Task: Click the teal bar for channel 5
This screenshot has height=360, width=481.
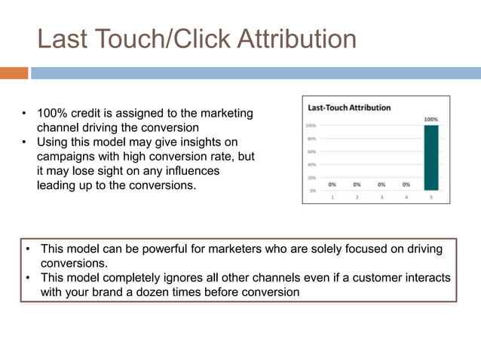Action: tap(430, 157)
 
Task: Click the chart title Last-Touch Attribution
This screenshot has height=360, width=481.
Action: tap(349, 108)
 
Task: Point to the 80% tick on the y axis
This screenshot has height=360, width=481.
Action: tap(311, 139)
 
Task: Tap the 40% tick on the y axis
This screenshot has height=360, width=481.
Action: tap(311, 164)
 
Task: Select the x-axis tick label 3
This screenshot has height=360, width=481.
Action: tap(381, 197)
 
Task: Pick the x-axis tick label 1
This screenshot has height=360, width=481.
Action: tap(332, 197)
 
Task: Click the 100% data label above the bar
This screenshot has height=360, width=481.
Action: tap(430, 119)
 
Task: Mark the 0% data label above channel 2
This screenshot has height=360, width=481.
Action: tap(357, 184)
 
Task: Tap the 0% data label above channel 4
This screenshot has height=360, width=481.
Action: tap(406, 184)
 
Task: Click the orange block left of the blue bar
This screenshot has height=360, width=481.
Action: tap(14, 73)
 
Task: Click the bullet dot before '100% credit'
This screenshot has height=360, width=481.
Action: tap(24, 114)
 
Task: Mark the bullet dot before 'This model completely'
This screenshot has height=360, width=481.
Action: tap(27, 278)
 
